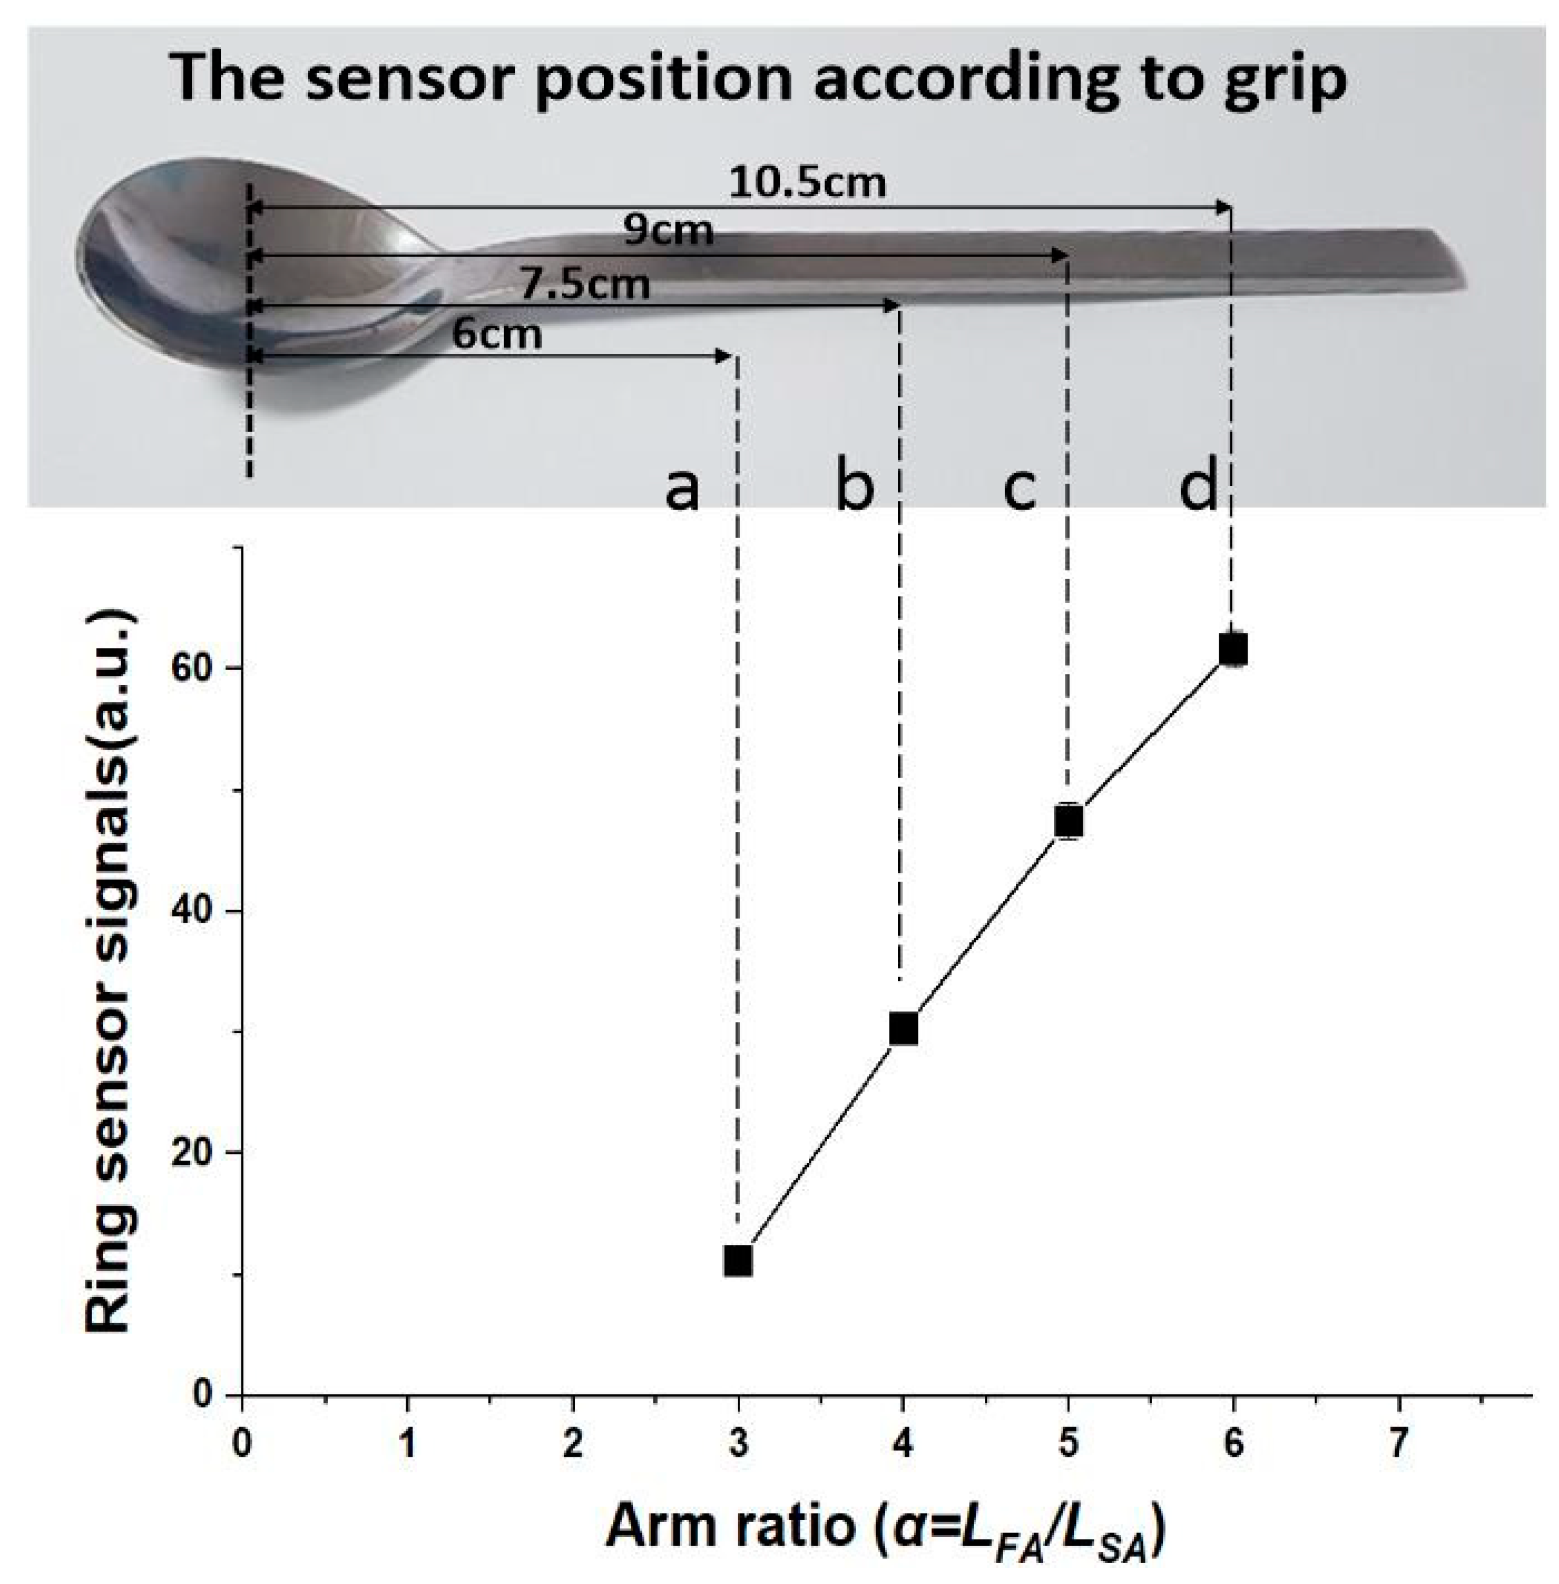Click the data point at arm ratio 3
[738, 1261]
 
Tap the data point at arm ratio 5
[1068, 820]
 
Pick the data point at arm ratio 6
[1233, 649]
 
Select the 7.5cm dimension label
[586, 285]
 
